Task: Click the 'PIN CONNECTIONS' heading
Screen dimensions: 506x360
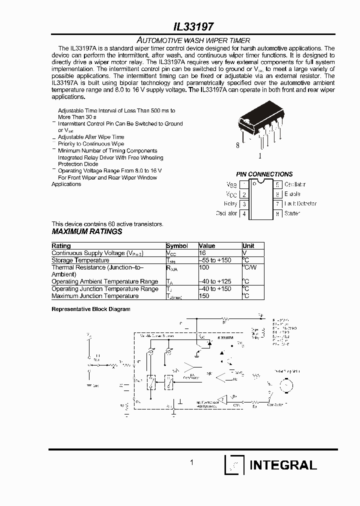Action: (x=264, y=174)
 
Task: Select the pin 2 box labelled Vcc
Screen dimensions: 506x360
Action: (x=244, y=194)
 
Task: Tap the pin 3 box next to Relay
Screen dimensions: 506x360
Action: (x=244, y=204)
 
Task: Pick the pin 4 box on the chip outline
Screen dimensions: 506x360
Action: (x=244, y=213)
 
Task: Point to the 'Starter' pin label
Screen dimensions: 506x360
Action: (x=292, y=213)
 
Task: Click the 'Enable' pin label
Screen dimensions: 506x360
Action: (x=292, y=194)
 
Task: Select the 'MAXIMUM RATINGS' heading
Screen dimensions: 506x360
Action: (x=87, y=232)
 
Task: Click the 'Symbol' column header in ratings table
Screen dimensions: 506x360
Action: (x=177, y=246)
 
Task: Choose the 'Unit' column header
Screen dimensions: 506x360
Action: (x=248, y=246)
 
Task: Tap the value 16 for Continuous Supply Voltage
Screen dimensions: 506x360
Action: (x=202, y=253)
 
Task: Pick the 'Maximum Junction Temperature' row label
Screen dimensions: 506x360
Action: (x=95, y=296)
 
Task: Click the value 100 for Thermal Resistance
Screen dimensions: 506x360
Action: (x=204, y=267)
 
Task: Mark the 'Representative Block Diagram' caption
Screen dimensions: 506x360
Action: (x=91, y=309)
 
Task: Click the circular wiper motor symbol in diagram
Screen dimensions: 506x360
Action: (x=286, y=384)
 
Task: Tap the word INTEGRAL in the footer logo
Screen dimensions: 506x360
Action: (x=283, y=465)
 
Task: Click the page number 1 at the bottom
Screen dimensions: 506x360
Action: (x=192, y=463)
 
